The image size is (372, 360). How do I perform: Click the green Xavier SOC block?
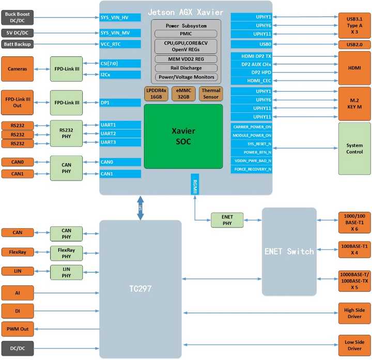click(183, 136)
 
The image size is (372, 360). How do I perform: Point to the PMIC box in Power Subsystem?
click(186, 34)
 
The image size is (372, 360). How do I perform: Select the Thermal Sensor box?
click(211, 93)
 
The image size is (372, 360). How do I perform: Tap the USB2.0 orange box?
click(354, 45)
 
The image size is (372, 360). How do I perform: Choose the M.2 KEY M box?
click(354, 103)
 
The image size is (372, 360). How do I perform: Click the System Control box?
click(354, 149)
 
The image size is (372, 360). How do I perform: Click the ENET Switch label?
click(289, 252)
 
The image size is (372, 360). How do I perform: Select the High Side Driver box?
click(354, 313)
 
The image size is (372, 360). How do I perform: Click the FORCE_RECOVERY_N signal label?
click(252, 169)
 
